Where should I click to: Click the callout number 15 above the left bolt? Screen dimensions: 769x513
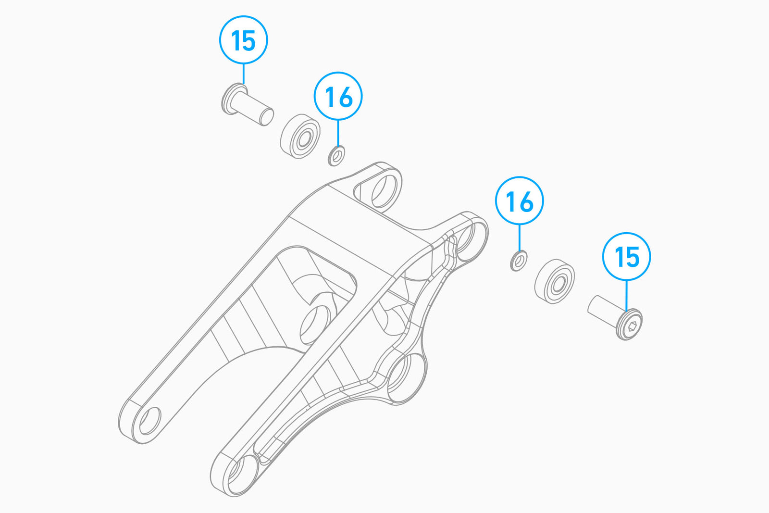click(x=243, y=40)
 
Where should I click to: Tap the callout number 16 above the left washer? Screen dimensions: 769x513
click(x=338, y=96)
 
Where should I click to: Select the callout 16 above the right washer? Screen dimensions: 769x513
click(x=520, y=201)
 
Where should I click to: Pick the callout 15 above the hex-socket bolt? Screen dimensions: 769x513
click(x=627, y=257)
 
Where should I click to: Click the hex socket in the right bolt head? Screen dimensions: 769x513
click(x=632, y=326)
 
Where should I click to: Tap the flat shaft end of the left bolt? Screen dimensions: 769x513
click(x=266, y=117)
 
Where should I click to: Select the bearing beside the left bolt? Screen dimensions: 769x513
click(x=300, y=136)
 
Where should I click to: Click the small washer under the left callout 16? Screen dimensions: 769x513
click(x=336, y=156)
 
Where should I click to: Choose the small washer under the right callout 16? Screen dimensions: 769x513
click(x=519, y=261)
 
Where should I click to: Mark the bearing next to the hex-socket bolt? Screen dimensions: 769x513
click(x=555, y=281)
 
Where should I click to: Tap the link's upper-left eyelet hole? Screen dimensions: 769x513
click(x=384, y=191)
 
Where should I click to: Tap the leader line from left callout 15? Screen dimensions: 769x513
click(x=243, y=74)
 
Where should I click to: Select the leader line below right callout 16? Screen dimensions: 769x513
click(x=520, y=238)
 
